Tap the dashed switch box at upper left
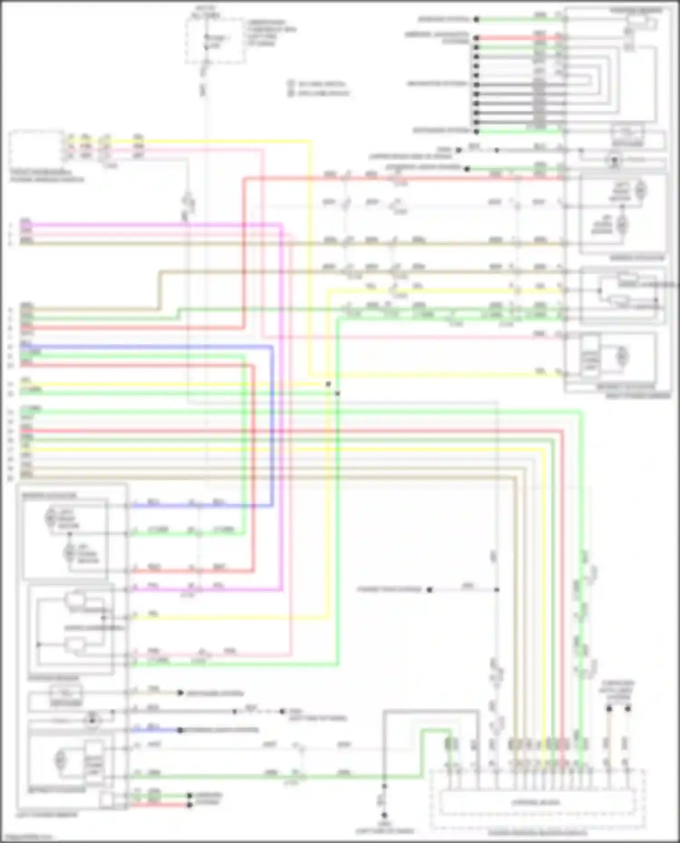point(36,149)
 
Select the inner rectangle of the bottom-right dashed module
point(536,802)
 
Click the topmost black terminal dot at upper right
point(476,19)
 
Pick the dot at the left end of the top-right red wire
point(476,38)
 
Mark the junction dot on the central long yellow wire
point(328,384)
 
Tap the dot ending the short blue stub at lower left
point(180,730)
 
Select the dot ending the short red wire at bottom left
point(190,805)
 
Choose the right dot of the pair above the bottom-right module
point(628,708)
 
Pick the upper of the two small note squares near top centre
point(291,84)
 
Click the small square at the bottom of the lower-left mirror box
point(106,800)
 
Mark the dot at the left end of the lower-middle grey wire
point(429,590)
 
